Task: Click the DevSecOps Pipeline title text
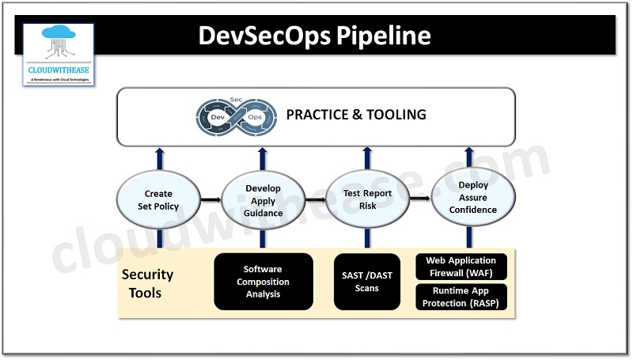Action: (x=314, y=36)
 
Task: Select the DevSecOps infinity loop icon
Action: (x=236, y=116)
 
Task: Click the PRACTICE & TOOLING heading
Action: (x=356, y=115)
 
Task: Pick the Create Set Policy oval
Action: (x=157, y=200)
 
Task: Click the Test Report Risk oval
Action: (x=366, y=200)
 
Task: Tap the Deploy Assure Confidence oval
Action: (x=472, y=199)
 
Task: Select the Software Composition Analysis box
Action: (x=262, y=282)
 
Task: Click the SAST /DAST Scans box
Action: (x=367, y=282)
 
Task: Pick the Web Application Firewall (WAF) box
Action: (x=461, y=266)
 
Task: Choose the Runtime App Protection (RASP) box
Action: (x=461, y=296)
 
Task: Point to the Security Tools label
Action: (x=147, y=284)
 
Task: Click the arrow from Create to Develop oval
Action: (x=210, y=201)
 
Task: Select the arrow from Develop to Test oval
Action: (x=314, y=201)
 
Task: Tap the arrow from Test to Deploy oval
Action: (x=419, y=200)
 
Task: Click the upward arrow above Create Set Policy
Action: (x=158, y=159)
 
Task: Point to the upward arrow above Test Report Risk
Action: (x=367, y=159)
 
